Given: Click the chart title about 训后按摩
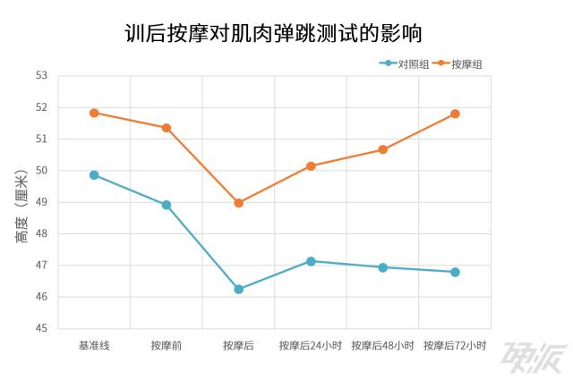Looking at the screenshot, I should pos(273,34).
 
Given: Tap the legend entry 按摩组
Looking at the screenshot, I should pos(466,64).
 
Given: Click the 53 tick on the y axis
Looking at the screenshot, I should pos(41,76).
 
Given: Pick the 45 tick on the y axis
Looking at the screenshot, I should pos(41,328).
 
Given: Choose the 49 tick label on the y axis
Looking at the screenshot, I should pos(41,202).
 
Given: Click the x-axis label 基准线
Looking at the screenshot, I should pos(94,345).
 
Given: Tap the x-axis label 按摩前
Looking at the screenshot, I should pos(167,345).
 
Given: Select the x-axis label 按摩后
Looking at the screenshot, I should pos(238,345).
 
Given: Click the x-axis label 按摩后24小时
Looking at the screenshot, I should pos(311,345).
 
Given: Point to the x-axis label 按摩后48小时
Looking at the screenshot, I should pos(382,345).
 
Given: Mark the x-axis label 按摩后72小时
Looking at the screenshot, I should pos(455,345).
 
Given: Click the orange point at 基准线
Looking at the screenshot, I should pos(94,113).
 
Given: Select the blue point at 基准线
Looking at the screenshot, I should pos(94,175).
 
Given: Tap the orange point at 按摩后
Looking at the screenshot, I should pos(239,203).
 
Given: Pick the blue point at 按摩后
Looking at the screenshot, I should pos(239,290).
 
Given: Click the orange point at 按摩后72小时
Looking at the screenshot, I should pos(455,114).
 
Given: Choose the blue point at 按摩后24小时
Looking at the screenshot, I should pos(311,261).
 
